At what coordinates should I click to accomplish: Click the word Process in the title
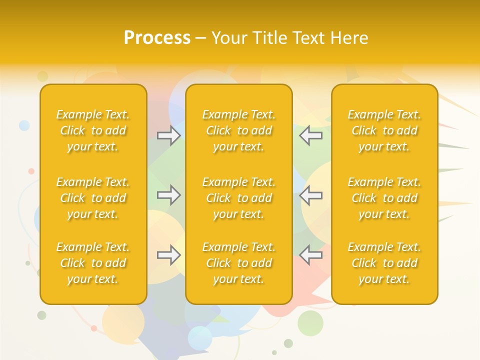tap(157, 38)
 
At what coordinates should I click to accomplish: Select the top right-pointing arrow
tap(168, 135)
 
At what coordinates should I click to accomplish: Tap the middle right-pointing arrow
tap(168, 195)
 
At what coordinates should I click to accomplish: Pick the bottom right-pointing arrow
tap(168, 255)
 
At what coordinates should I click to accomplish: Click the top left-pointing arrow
tap(310, 135)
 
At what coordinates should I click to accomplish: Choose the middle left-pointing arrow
tap(310, 195)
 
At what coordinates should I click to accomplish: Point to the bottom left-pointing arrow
tap(310, 255)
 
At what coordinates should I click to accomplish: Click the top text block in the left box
tap(93, 130)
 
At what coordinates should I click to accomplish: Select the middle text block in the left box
tap(93, 198)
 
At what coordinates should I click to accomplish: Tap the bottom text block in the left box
tap(93, 263)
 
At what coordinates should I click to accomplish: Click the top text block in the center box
tap(238, 130)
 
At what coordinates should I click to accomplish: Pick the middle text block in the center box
tap(238, 198)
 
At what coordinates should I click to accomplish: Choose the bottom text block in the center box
tap(238, 263)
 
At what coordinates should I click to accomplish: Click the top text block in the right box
tap(384, 130)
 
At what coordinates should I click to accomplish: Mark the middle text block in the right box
tap(384, 198)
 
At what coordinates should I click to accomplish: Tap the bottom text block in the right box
tap(384, 263)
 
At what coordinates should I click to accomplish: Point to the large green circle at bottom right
tap(310, 323)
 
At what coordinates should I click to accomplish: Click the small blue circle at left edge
tap(24, 125)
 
